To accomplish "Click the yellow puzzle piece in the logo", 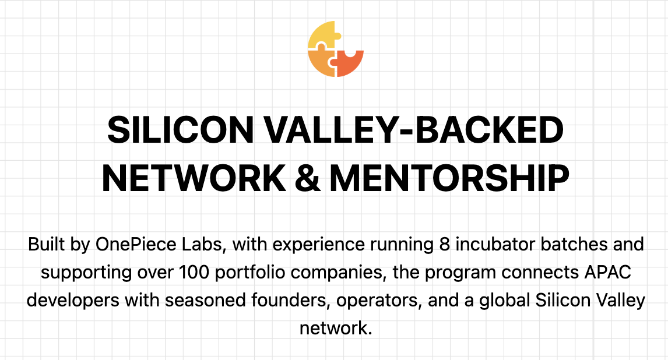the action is (x=322, y=36).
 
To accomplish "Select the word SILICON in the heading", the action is (x=181, y=130).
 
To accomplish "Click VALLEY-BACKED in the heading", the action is (x=414, y=130).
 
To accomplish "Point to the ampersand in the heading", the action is (x=307, y=177).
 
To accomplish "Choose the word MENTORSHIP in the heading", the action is (x=449, y=177).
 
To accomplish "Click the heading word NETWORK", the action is (x=194, y=177).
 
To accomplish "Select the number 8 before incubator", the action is (x=445, y=244).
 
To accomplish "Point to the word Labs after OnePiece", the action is (x=203, y=244).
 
